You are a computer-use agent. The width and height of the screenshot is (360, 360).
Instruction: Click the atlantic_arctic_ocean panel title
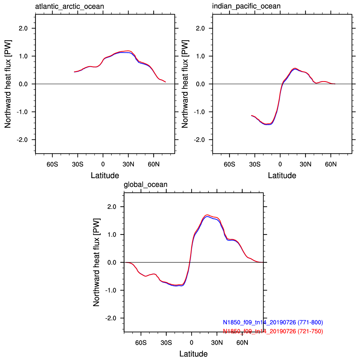click(x=69, y=7)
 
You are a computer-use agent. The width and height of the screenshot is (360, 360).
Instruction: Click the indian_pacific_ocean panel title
click(x=246, y=6)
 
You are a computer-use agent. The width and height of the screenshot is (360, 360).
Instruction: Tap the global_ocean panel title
click(x=146, y=185)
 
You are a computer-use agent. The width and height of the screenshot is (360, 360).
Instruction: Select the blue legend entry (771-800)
click(x=273, y=322)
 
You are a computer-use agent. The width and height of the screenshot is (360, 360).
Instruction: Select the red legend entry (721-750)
click(x=273, y=331)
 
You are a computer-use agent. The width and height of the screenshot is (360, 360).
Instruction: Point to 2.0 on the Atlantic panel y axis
click(x=23, y=28)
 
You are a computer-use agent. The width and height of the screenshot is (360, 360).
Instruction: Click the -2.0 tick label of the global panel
click(x=111, y=318)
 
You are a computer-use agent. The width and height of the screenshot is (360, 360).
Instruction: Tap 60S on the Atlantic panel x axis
click(x=52, y=164)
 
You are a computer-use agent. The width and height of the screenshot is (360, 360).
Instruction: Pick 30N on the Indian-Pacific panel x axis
click(x=305, y=164)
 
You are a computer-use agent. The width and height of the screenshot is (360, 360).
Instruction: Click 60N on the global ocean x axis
click(x=242, y=343)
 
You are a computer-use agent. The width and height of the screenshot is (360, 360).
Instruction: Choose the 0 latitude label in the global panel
click(x=192, y=343)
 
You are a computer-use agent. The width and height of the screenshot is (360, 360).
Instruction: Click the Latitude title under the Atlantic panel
click(x=105, y=176)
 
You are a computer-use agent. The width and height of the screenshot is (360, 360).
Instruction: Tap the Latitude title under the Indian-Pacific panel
click(x=282, y=176)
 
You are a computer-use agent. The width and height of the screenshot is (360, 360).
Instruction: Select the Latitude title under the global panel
click(x=193, y=354)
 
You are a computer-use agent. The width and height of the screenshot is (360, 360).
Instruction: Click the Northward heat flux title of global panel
click(x=96, y=262)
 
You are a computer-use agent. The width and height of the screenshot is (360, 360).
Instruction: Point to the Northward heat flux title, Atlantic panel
click(x=8, y=84)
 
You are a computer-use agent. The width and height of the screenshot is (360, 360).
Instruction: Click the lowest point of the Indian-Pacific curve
click(x=267, y=124)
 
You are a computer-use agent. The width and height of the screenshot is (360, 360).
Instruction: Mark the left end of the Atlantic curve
click(x=74, y=72)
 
